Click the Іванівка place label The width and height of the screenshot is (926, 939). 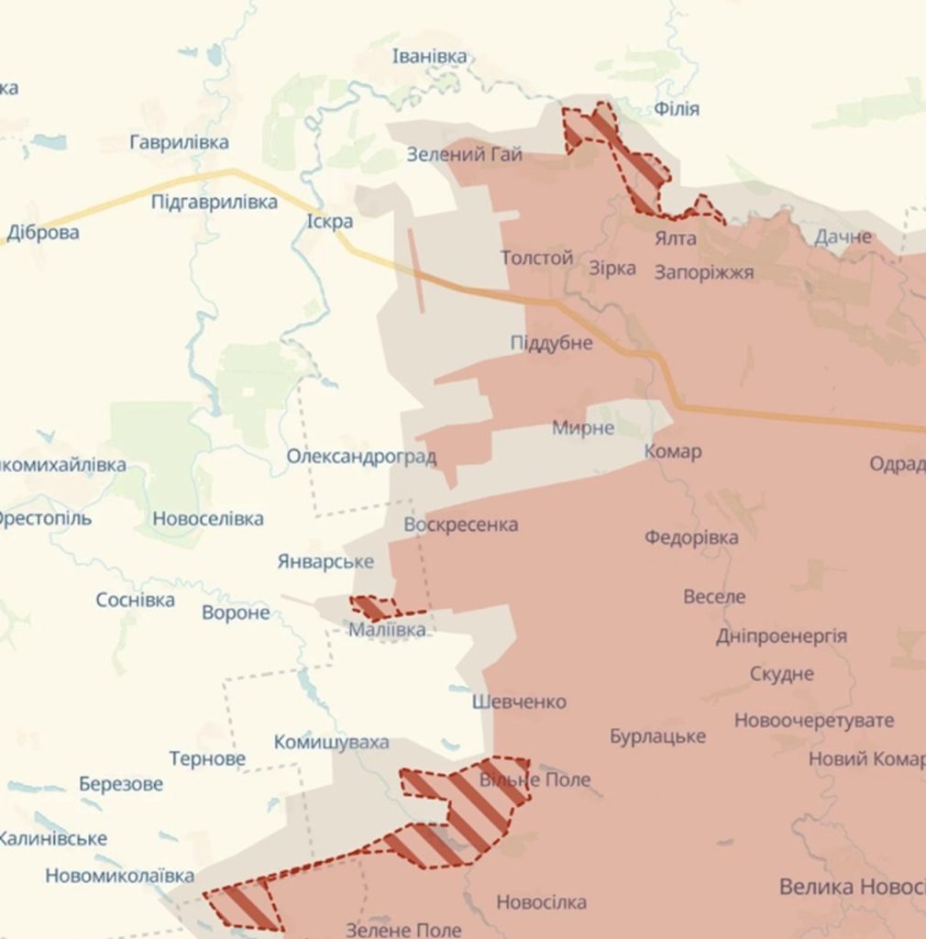(429, 57)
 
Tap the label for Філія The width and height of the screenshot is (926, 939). (677, 109)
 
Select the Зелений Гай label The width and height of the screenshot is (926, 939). (464, 154)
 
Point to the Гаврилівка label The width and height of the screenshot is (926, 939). (179, 142)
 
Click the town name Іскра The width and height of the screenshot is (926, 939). (330, 222)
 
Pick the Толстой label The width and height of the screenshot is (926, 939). (536, 259)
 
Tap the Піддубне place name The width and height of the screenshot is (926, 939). (551, 343)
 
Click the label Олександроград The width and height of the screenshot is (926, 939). (361, 457)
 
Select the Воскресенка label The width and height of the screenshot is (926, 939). (460, 525)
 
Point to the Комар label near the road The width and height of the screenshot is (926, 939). (672, 451)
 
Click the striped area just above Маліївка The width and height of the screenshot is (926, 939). (372, 607)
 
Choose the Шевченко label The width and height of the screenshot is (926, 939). (519, 701)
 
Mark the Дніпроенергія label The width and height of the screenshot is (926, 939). (781, 635)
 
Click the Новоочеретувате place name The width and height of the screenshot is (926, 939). (813, 720)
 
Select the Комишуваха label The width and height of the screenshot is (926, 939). (331, 742)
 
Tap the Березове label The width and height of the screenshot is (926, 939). (121, 784)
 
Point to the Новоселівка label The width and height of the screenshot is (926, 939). (208, 519)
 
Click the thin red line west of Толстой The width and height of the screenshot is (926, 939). (416, 271)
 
